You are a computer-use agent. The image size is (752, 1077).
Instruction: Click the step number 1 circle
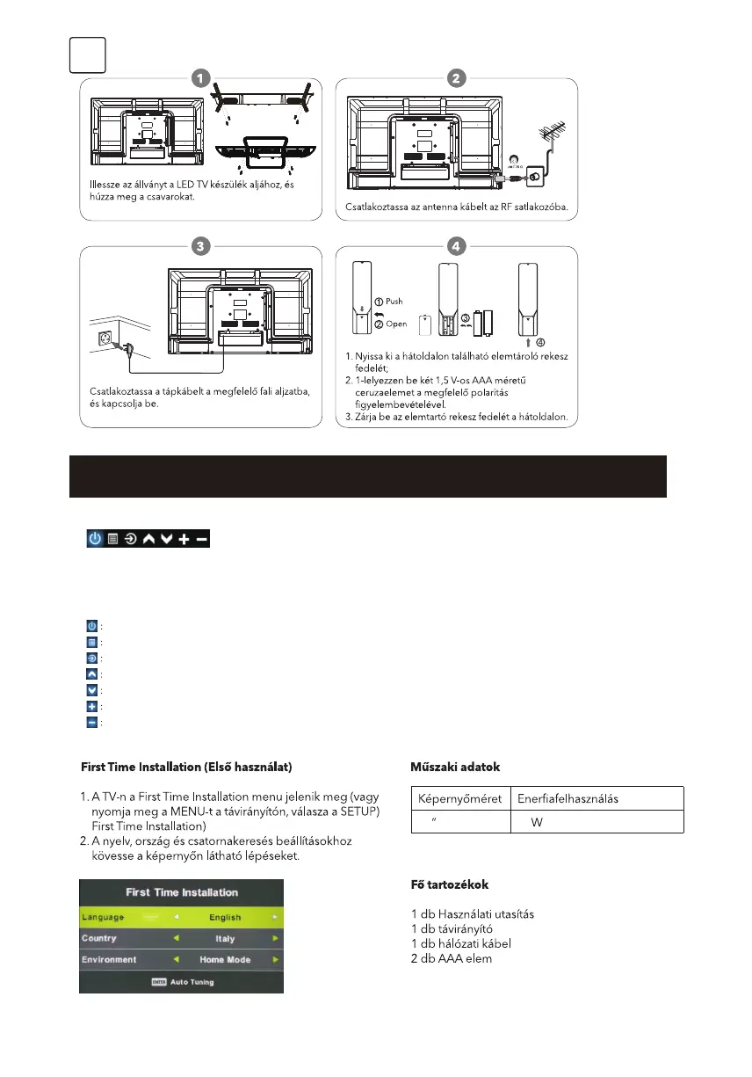(201, 78)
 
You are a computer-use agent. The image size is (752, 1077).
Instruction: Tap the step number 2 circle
(456, 78)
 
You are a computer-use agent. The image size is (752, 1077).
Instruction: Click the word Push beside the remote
(394, 301)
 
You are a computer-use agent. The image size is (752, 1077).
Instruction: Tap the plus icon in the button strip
(184, 538)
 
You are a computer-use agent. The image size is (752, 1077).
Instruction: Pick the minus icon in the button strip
(202, 538)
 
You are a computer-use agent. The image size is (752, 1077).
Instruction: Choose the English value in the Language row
(225, 917)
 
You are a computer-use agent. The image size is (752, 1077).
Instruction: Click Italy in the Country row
(225, 939)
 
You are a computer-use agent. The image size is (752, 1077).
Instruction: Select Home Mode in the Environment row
(225, 960)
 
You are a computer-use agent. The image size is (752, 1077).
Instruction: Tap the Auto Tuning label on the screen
(191, 981)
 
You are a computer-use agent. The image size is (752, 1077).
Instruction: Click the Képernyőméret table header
(459, 799)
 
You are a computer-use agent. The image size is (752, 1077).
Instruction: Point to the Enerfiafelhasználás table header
(568, 799)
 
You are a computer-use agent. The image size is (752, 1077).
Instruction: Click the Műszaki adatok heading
(454, 767)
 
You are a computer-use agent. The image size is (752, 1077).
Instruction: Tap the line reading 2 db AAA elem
(452, 958)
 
